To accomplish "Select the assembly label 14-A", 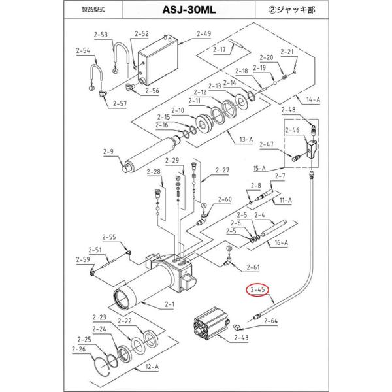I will click(x=313, y=99).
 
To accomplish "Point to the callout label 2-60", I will click(x=224, y=199).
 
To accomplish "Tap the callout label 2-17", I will click(x=217, y=49).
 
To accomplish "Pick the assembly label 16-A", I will click(x=282, y=242).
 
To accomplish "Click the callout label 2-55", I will click(x=108, y=237).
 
